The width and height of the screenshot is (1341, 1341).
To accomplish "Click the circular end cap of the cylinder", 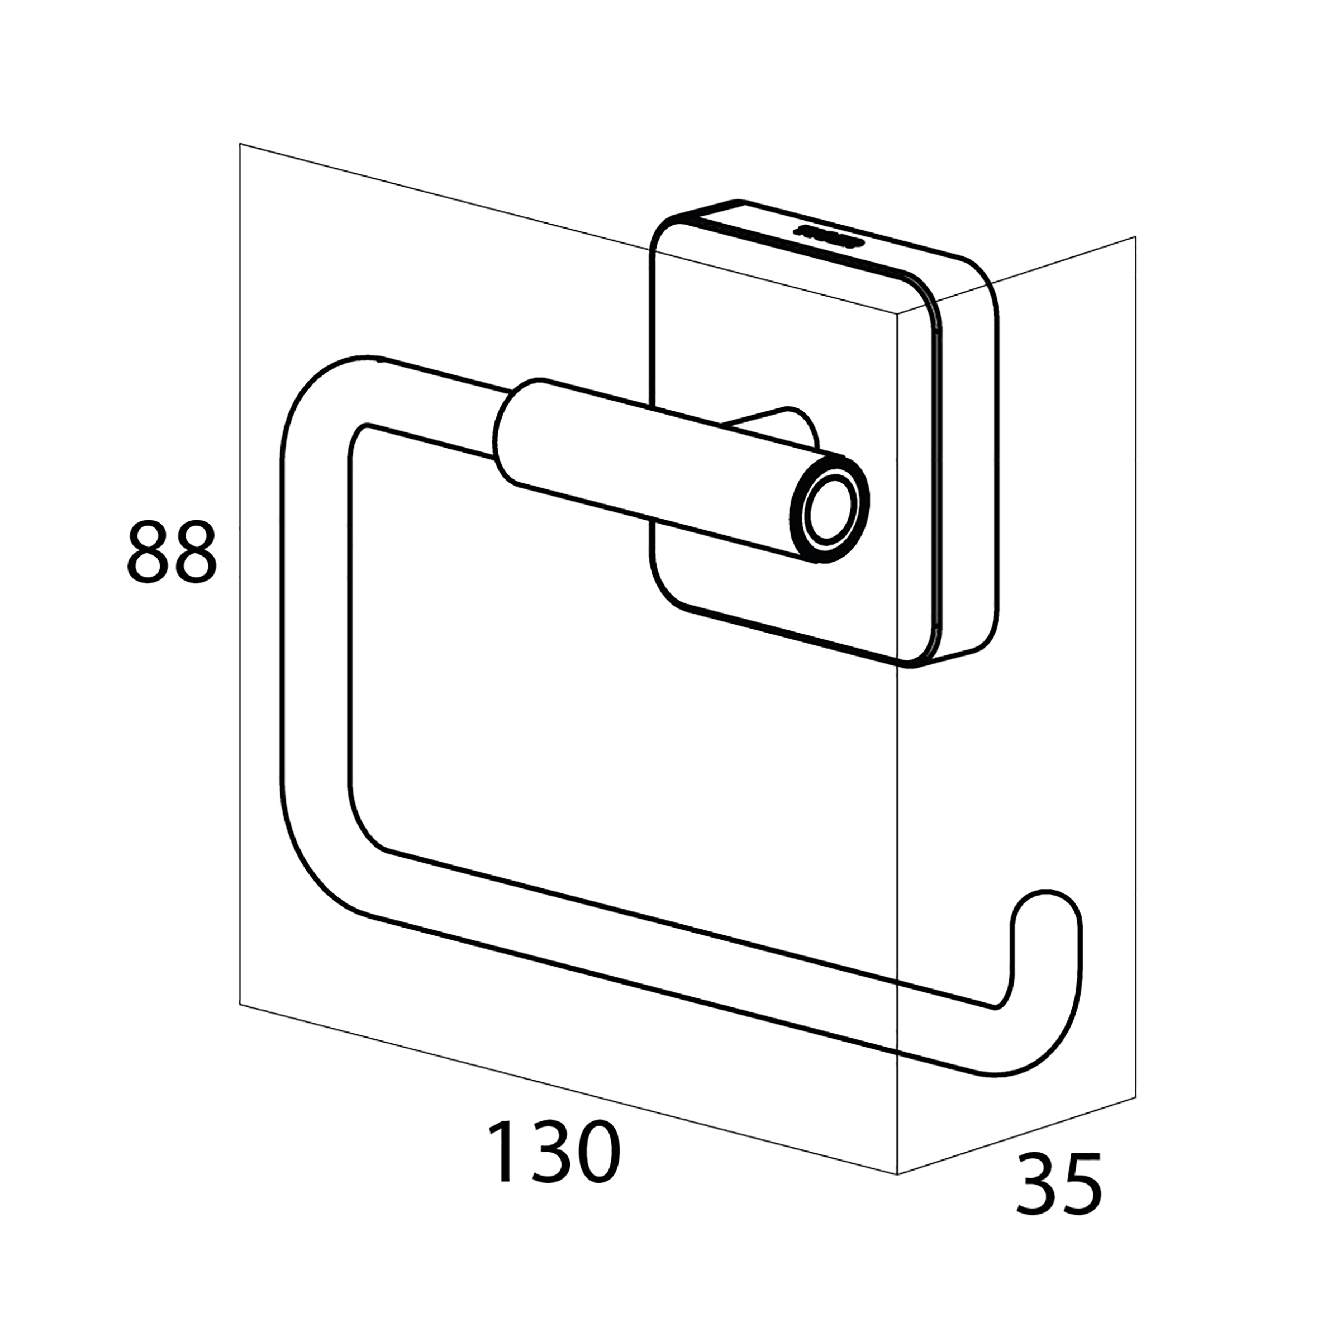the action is click(x=830, y=510).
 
